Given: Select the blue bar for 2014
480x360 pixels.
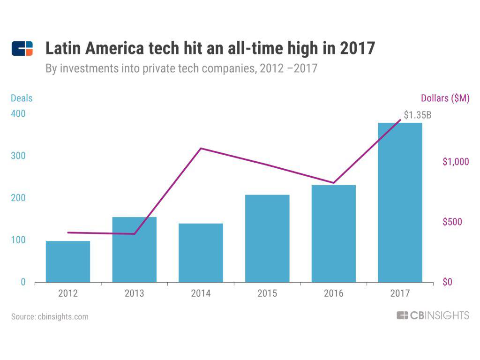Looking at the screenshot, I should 201,253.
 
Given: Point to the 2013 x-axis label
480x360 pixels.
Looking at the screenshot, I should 135,294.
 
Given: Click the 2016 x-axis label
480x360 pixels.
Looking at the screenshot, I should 333,294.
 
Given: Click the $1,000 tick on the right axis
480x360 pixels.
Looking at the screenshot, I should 456,162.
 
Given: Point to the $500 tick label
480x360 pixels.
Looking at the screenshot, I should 452,222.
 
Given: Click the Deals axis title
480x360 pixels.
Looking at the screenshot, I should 22,98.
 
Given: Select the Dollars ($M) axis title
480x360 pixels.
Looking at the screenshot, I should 445,98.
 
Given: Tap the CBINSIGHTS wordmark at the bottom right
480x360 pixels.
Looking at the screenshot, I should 433,315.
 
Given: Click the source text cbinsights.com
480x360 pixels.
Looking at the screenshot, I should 50,316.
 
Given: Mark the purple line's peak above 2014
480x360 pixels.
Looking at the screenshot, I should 201,149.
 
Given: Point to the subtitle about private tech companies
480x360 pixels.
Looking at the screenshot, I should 181,68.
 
